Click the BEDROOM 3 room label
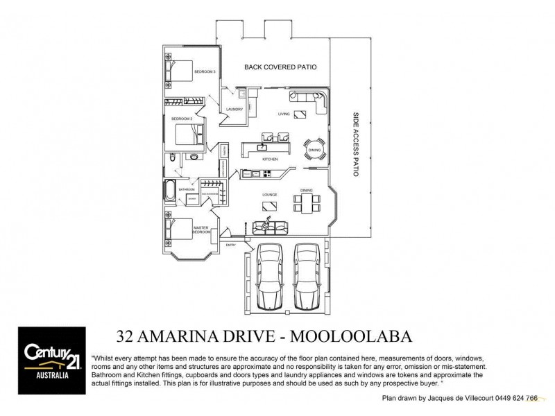(x=205, y=71)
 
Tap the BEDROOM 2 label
(x=182, y=119)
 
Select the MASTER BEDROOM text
(x=201, y=229)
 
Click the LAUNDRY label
(x=234, y=109)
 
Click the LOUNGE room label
(x=270, y=195)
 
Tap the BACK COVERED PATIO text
(x=281, y=67)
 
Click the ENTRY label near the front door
(x=231, y=245)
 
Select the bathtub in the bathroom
(x=171, y=189)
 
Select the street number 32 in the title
(x=129, y=336)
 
